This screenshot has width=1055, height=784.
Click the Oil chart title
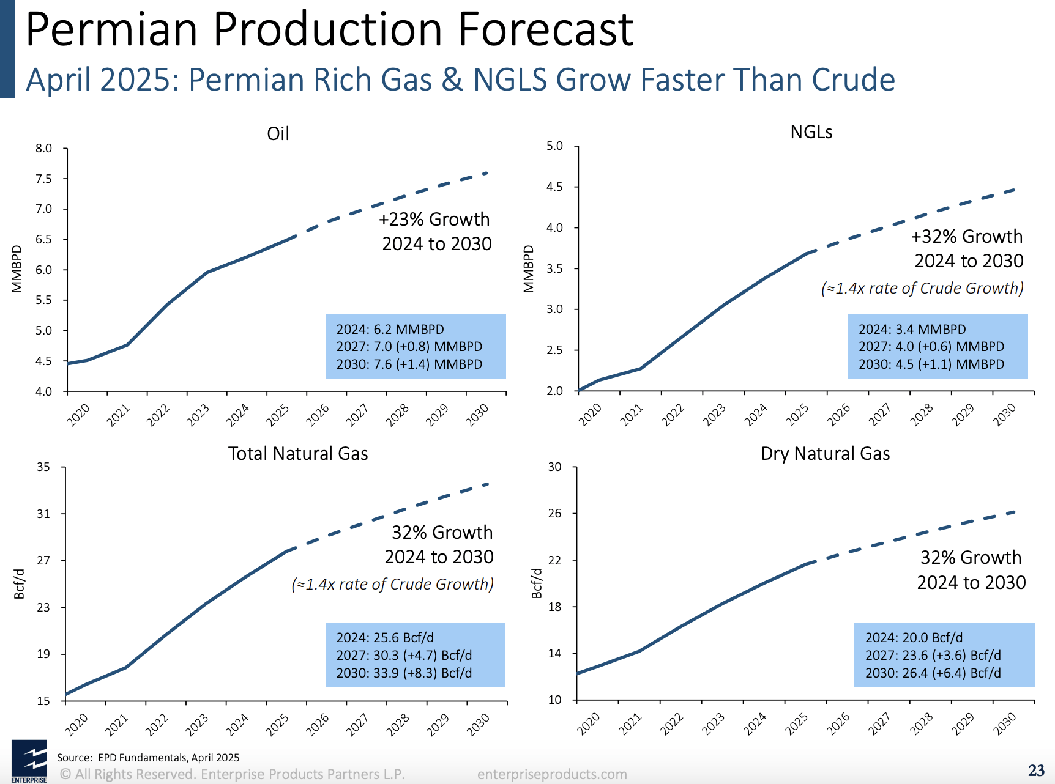[x=278, y=134]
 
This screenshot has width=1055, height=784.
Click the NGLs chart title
[x=811, y=132]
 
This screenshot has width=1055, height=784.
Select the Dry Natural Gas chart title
[x=825, y=454]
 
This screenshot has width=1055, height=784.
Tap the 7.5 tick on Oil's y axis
[x=43, y=179]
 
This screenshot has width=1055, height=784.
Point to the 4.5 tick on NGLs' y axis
[x=554, y=187]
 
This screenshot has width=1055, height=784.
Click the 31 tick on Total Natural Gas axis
[x=43, y=514]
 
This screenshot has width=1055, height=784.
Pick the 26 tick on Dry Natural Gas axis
[x=554, y=513]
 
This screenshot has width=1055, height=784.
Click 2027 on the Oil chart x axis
[x=357, y=415]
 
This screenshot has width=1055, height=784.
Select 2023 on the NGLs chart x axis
[x=714, y=415]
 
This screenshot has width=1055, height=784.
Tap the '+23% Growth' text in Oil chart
[x=434, y=219]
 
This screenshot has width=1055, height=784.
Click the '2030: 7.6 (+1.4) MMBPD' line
[x=409, y=364]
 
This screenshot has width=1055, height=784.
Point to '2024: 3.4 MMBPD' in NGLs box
[x=912, y=329]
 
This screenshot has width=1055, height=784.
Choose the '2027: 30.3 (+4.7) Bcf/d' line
[x=404, y=656]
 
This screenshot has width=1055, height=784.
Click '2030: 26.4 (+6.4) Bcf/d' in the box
[x=933, y=673]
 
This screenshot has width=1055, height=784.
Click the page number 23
[x=1036, y=771]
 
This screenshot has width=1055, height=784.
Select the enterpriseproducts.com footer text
[x=552, y=774]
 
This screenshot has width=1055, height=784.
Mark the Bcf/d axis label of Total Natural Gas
[x=19, y=583]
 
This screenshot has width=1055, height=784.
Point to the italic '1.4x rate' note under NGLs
[x=922, y=288]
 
